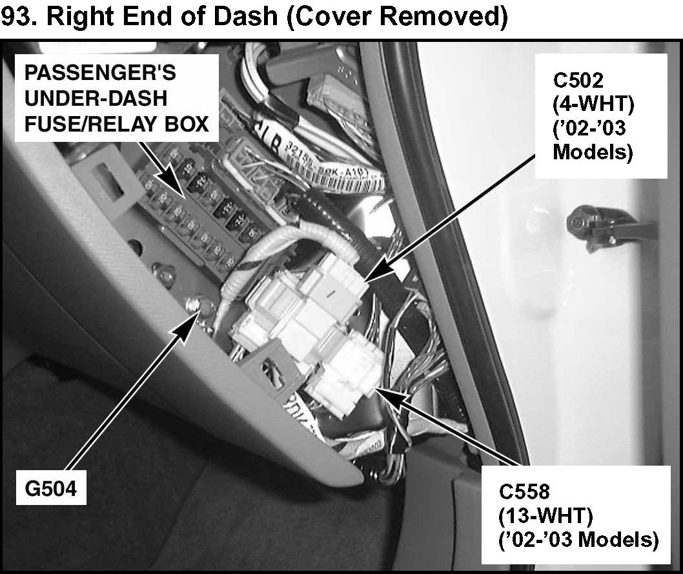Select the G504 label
[x=47, y=488]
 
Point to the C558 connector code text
[x=524, y=492]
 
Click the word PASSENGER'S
[x=99, y=72]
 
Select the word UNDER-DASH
[x=95, y=98]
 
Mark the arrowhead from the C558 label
[x=380, y=393]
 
